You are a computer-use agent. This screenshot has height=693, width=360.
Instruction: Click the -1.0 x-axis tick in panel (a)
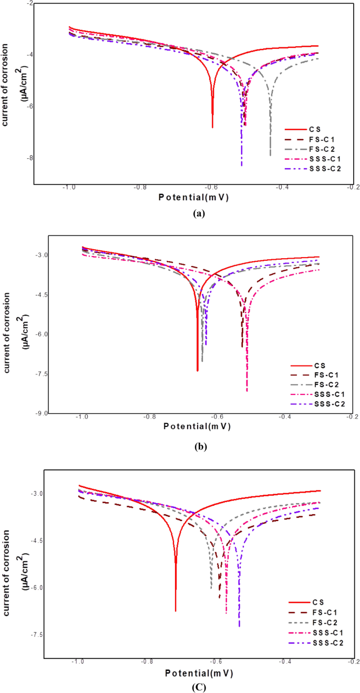pyautogui.click(x=68, y=187)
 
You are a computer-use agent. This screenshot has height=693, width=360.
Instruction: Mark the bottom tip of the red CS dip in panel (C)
pyautogui.click(x=176, y=611)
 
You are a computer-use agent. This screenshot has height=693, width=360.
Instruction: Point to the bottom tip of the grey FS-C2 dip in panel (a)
pyautogui.click(x=270, y=156)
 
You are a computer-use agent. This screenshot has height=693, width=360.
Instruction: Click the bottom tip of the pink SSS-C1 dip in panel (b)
pyautogui.click(x=247, y=391)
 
